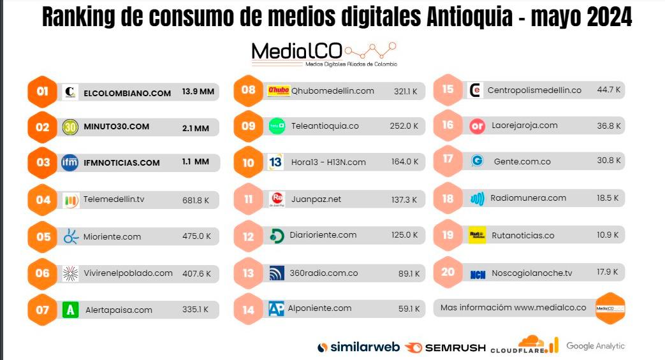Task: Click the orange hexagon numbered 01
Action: tap(42, 92)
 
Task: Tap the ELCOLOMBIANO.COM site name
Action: tap(127, 93)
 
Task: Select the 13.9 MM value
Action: tap(198, 92)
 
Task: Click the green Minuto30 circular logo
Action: tap(70, 127)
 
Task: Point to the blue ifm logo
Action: tap(70, 162)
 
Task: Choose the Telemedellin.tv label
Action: tap(113, 199)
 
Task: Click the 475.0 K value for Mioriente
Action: tap(196, 237)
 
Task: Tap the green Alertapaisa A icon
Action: tap(71, 310)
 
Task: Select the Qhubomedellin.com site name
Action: tap(332, 91)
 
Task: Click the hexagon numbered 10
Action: tap(248, 162)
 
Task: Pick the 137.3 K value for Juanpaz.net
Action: tap(404, 199)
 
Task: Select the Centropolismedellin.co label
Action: tap(534, 90)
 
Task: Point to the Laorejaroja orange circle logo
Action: tap(478, 126)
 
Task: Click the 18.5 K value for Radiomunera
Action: tap(608, 198)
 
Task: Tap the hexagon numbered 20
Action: tap(448, 272)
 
